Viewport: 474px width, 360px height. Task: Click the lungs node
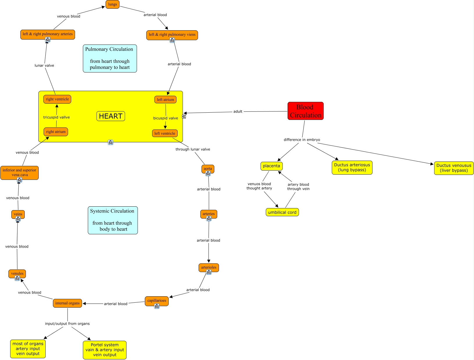(113, 4)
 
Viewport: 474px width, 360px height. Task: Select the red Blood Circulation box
(305, 111)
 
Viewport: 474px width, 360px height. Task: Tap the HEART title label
(111, 116)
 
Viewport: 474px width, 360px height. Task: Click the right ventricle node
(57, 99)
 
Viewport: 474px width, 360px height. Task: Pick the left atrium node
(165, 100)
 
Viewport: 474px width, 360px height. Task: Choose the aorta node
(208, 169)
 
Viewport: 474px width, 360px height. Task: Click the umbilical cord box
(282, 212)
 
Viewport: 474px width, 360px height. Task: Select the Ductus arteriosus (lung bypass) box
(352, 168)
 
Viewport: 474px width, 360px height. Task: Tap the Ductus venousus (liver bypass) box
(454, 168)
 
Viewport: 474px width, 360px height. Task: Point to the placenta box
(271, 166)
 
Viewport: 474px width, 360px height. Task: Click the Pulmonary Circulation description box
(110, 58)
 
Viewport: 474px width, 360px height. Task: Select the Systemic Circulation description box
(113, 220)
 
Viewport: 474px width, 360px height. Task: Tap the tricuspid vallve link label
(56, 117)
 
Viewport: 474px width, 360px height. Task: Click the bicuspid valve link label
(165, 118)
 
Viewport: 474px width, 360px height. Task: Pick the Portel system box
(105, 350)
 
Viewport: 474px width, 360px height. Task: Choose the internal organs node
(67, 303)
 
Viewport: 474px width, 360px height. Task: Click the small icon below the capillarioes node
(157, 306)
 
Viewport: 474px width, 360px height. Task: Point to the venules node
(17, 274)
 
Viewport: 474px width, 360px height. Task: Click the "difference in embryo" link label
(302, 140)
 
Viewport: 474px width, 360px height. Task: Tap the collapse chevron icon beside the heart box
(184, 116)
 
